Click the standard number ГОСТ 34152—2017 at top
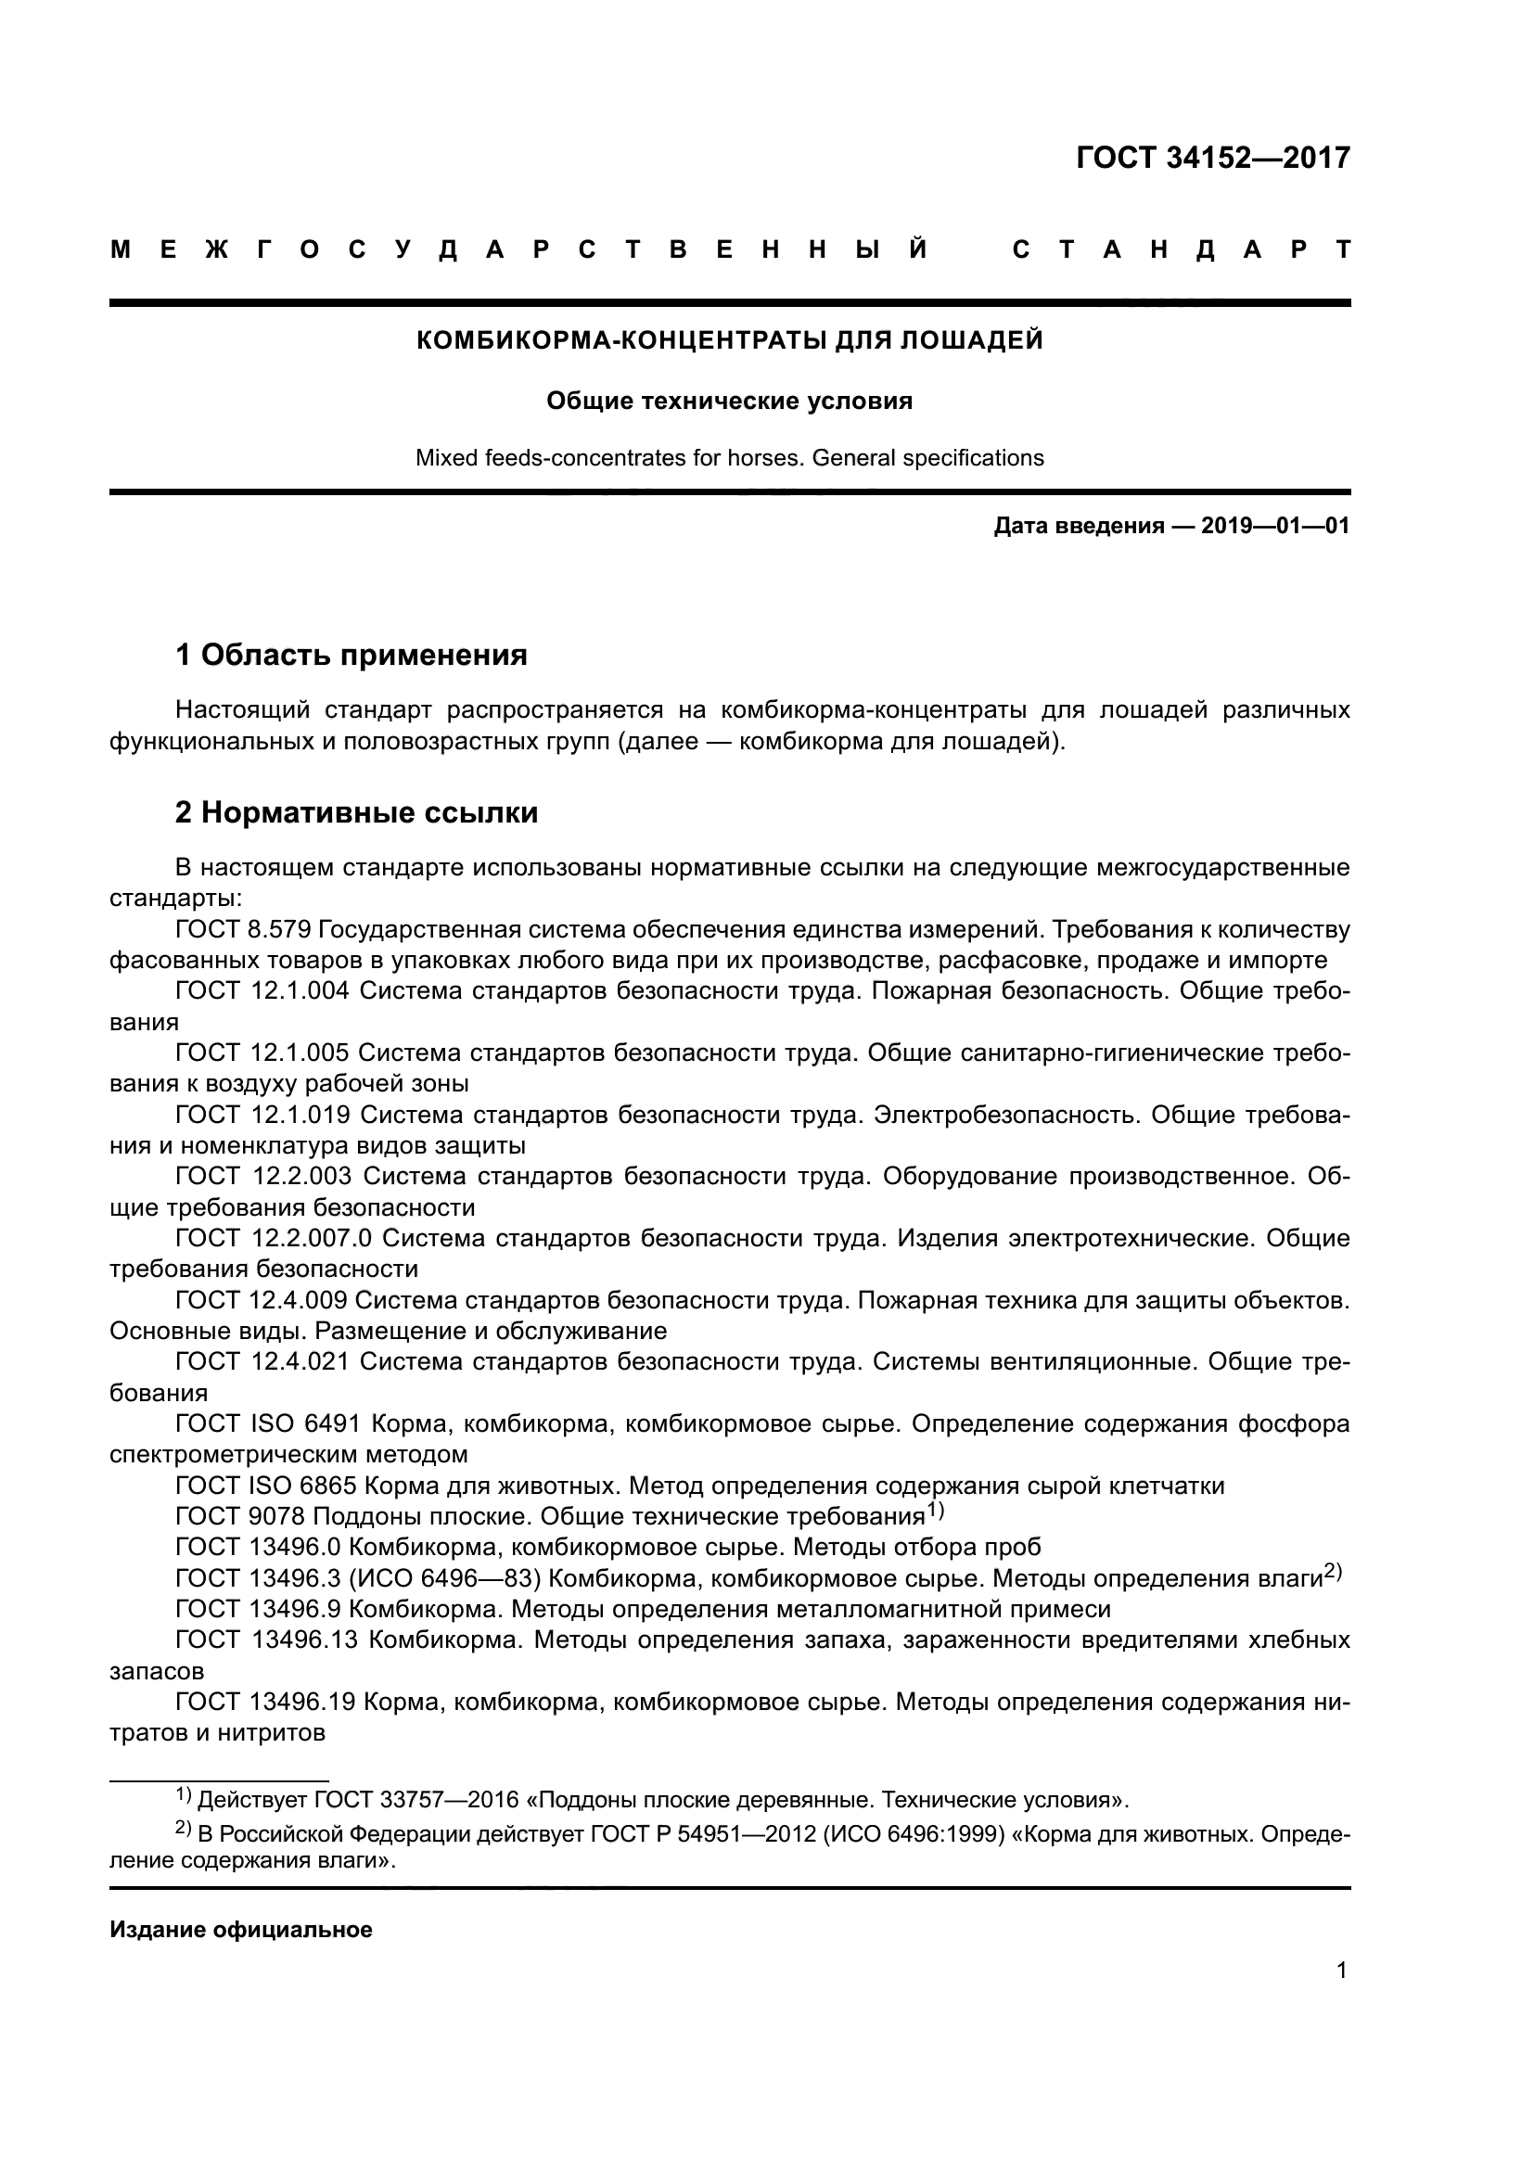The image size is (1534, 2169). [x=1213, y=158]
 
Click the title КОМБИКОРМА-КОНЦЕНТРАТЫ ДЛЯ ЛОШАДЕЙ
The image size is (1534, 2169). [x=729, y=340]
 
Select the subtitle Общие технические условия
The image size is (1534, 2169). [x=729, y=402]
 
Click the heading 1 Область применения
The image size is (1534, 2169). [x=352, y=654]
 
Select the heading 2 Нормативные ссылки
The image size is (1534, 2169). [x=356, y=812]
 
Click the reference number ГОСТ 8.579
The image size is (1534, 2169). [x=243, y=929]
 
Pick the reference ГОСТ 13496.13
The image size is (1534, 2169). [x=266, y=1640]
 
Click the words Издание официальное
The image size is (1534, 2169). [x=241, y=1930]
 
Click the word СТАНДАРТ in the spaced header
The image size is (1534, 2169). [x=1181, y=250]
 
